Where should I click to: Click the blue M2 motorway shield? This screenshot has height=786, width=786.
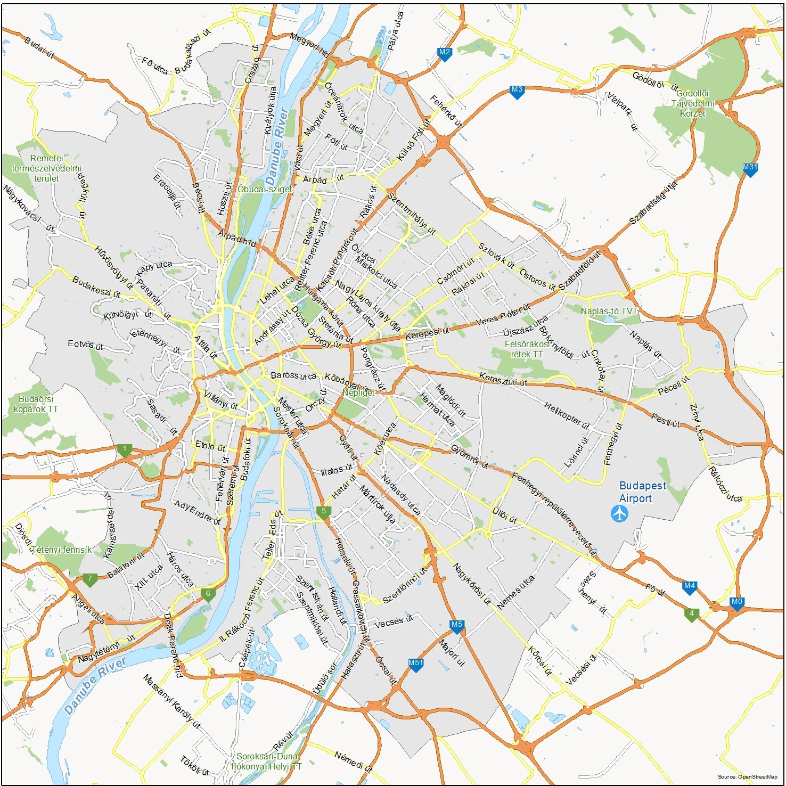(x=444, y=53)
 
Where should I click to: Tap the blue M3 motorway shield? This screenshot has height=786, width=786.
(x=517, y=90)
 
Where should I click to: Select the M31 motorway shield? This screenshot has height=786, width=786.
(x=750, y=168)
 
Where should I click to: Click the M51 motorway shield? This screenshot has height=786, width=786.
(x=415, y=664)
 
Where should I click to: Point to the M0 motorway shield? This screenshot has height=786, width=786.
(x=736, y=602)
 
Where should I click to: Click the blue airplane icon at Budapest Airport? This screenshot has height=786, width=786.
(x=619, y=514)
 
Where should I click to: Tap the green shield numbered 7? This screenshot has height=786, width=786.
(x=89, y=579)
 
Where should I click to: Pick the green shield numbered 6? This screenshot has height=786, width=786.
(x=208, y=594)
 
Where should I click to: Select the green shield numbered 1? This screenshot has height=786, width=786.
(x=125, y=449)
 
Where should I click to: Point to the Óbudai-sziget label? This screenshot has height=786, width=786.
(x=265, y=189)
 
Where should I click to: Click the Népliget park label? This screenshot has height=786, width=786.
(x=358, y=392)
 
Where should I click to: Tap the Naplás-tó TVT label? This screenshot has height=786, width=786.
(x=609, y=311)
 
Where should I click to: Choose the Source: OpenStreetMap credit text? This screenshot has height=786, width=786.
(x=747, y=777)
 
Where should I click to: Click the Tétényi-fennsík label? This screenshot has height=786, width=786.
(x=62, y=550)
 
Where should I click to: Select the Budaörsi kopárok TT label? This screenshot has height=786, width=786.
(x=36, y=404)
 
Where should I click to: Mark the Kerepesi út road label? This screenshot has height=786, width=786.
(x=427, y=333)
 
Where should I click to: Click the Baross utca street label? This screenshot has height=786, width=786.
(x=293, y=375)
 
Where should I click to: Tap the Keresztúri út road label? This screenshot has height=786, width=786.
(x=503, y=379)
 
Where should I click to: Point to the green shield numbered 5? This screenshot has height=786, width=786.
(x=323, y=512)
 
